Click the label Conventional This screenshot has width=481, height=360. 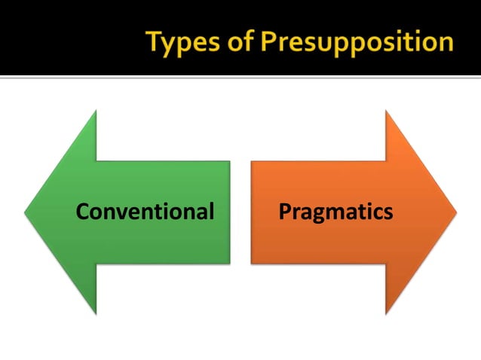(x=146, y=212)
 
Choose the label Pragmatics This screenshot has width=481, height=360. (x=335, y=212)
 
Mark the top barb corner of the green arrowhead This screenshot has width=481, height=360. (x=96, y=111)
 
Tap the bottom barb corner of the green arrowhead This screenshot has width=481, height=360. (x=96, y=313)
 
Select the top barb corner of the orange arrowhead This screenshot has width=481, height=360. (x=386, y=111)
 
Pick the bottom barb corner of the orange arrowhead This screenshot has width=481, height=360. (x=386, y=313)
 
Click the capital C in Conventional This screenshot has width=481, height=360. (x=83, y=212)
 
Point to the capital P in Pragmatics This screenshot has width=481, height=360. (x=285, y=212)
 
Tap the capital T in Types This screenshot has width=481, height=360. (x=155, y=41)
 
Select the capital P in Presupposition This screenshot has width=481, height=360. (x=269, y=41)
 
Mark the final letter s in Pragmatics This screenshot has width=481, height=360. (x=388, y=212)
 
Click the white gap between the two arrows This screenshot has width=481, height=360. (x=240, y=212)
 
